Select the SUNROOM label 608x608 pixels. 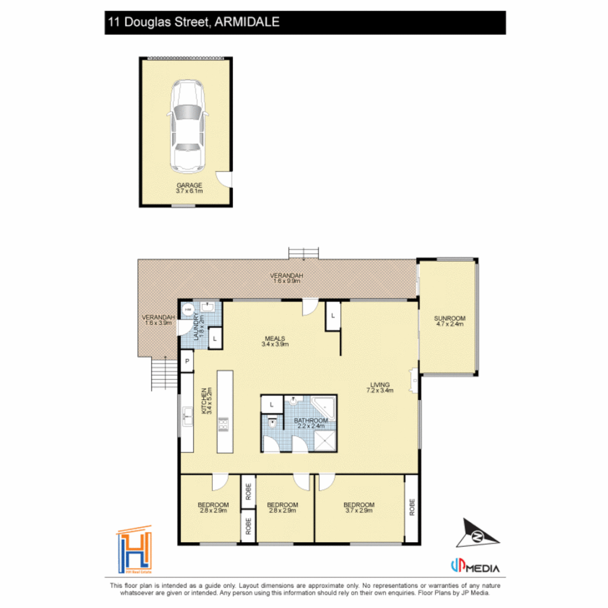point(449,321)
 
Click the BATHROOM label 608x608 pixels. point(310,423)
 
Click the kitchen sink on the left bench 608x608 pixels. point(186,418)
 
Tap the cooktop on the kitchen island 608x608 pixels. point(224,423)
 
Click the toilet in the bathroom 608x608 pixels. point(272,423)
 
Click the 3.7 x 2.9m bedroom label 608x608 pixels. point(359,507)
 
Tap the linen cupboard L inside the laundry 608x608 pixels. point(215,339)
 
